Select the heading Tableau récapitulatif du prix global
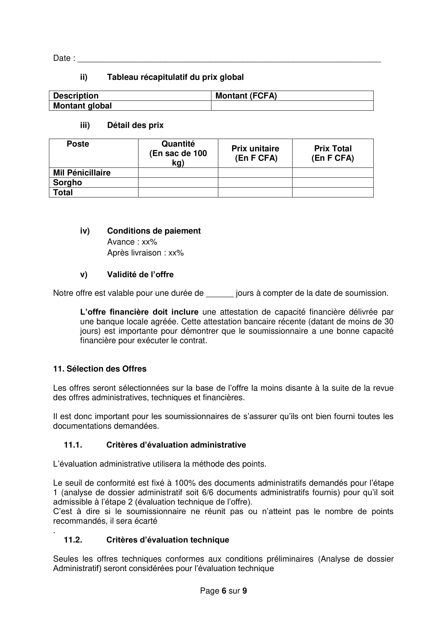click(175, 77)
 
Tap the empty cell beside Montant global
click(292, 106)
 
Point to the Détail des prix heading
click(135, 125)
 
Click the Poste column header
click(78, 144)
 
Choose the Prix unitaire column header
click(255, 153)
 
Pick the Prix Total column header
click(332, 153)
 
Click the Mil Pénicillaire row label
click(82, 173)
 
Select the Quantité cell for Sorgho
click(178, 182)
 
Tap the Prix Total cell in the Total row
click(332, 192)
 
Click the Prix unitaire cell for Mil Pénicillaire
click(255, 173)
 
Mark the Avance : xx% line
click(132, 242)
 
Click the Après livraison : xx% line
click(145, 253)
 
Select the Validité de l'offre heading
click(140, 275)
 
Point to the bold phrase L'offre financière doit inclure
click(139, 312)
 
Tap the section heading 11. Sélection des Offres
click(100, 369)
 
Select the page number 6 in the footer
click(223, 591)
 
